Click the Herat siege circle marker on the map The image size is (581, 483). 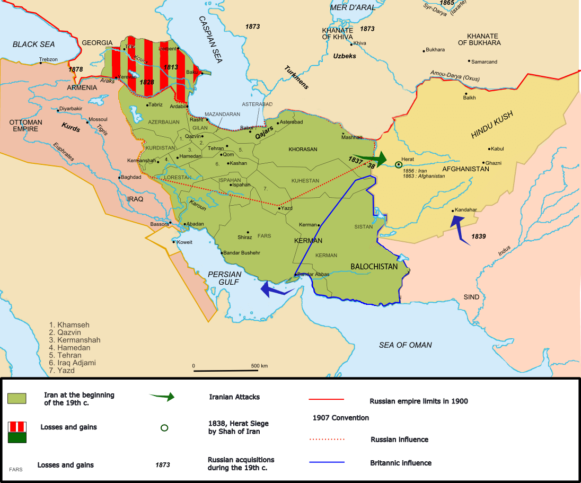coord(398,165)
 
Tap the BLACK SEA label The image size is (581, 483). coord(33,45)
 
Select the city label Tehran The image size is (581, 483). coord(216,148)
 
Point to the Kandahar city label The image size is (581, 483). coord(466,210)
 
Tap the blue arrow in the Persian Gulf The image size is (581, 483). coord(276,289)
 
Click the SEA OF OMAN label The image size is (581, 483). coord(405,345)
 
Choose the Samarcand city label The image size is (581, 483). coord(485,62)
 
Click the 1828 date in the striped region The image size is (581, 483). coord(147,83)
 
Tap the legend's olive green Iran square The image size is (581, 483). coord(17,399)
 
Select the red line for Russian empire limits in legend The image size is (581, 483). coord(327,399)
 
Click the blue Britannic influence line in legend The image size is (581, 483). coord(327,462)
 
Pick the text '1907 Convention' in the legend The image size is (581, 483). coord(340,418)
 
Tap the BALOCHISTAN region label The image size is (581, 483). coord(374,267)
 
